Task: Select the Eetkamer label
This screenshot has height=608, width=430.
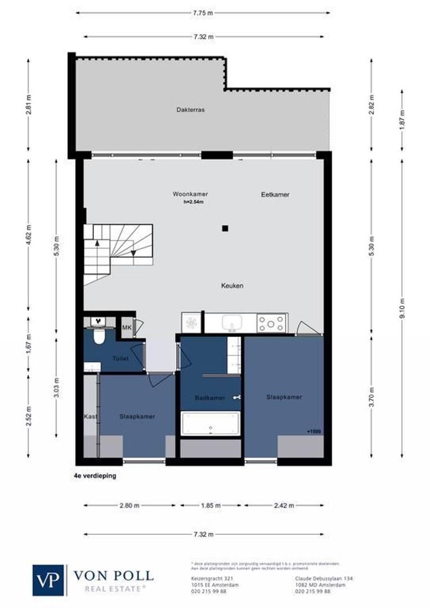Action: (x=275, y=195)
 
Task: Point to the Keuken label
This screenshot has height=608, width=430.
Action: (x=232, y=286)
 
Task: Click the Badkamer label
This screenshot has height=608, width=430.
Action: (x=209, y=398)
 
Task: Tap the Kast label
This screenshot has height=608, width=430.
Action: (x=91, y=417)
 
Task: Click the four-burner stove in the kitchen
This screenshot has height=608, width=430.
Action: (x=272, y=323)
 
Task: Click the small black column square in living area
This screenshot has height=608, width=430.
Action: (x=225, y=228)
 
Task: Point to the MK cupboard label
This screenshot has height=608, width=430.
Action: (x=127, y=328)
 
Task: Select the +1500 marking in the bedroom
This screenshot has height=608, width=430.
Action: (x=314, y=431)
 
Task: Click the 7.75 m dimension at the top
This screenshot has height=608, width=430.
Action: (x=203, y=12)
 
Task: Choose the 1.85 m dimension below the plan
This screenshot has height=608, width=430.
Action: (x=210, y=506)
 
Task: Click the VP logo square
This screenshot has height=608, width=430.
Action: (x=48, y=580)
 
